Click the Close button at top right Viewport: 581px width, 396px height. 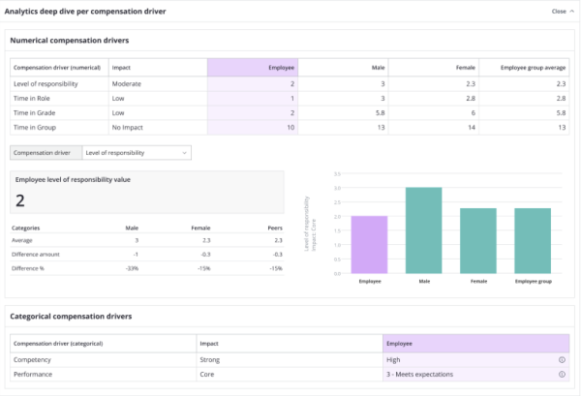(560, 12)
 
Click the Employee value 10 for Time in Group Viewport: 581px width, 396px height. (290, 128)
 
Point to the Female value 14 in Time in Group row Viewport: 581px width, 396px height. (470, 128)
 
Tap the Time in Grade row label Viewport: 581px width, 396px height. (34, 113)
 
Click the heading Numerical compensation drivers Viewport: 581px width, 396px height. (70, 41)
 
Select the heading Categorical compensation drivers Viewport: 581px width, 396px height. (72, 316)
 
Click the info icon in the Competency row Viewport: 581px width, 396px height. (562, 359)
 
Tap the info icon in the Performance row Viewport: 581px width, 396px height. (562, 373)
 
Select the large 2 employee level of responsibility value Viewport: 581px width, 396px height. (20, 200)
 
